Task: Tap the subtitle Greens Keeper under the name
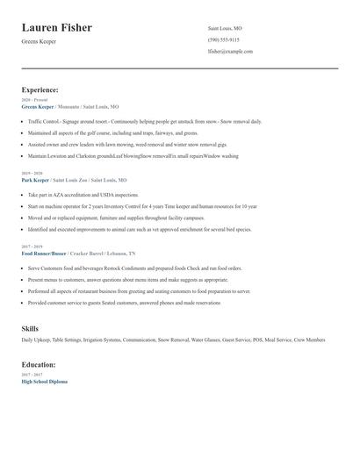click(x=39, y=41)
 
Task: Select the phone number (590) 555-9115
click(x=223, y=39)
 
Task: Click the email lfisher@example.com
click(x=230, y=51)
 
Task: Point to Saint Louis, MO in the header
click(x=225, y=28)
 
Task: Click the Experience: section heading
click(x=40, y=89)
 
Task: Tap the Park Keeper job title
click(x=38, y=179)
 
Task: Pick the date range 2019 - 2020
click(x=31, y=173)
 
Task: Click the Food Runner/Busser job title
click(x=45, y=253)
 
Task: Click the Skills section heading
click(x=30, y=327)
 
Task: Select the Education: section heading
click(x=39, y=364)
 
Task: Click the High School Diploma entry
click(x=45, y=382)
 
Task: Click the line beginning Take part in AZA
click(x=83, y=195)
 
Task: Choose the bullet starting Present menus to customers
click(x=127, y=279)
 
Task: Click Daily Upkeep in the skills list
click(x=37, y=339)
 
